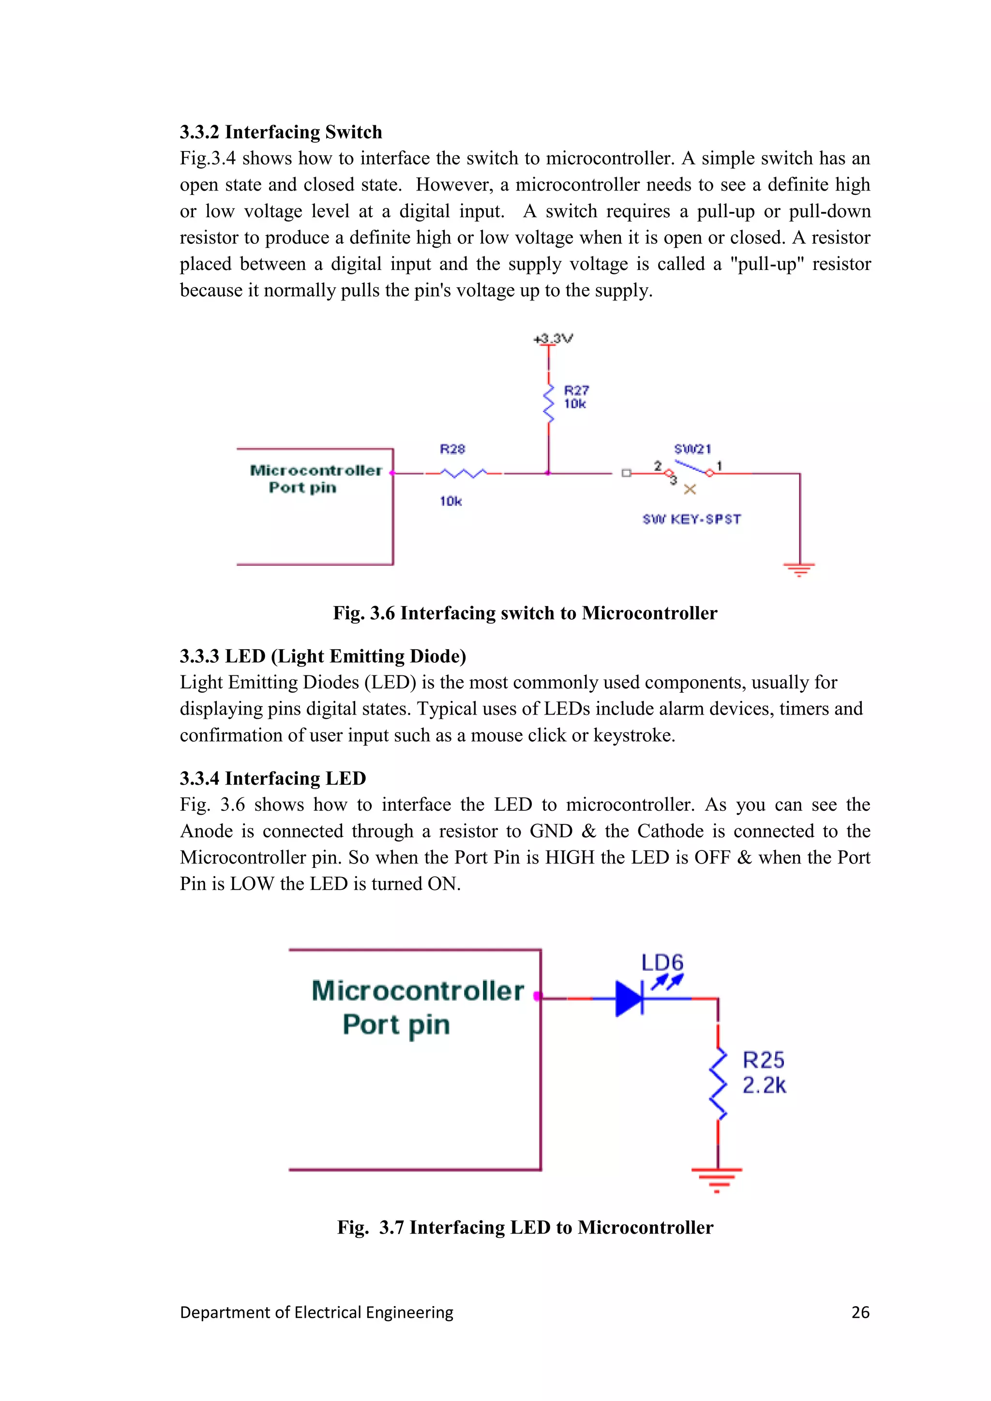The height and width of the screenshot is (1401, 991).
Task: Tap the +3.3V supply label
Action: tap(553, 339)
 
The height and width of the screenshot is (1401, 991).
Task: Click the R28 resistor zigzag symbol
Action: tap(464, 473)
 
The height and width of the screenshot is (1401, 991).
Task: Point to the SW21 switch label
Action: tap(692, 449)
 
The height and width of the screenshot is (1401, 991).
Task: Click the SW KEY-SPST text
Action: tap(691, 519)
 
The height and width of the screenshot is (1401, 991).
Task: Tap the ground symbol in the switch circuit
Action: tap(799, 570)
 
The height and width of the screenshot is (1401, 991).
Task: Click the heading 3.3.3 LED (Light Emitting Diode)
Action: tap(323, 656)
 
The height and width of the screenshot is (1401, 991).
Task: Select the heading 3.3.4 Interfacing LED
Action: tap(273, 778)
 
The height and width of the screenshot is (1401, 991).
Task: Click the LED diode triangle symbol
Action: tap(630, 999)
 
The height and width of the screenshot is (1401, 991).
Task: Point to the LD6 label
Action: tap(662, 962)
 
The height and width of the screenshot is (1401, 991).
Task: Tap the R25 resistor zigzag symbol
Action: tap(718, 1084)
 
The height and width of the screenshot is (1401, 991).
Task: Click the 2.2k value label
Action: tap(764, 1086)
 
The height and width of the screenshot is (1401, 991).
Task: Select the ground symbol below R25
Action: tap(717, 1179)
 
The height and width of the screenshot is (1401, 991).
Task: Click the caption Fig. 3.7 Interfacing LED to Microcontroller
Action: tap(525, 1227)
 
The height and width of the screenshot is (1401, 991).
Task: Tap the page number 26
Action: tap(860, 1312)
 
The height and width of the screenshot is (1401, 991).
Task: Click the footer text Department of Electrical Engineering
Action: tap(317, 1312)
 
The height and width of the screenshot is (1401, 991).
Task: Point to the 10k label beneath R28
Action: tap(451, 501)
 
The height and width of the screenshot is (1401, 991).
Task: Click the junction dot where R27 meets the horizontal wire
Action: tap(548, 473)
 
